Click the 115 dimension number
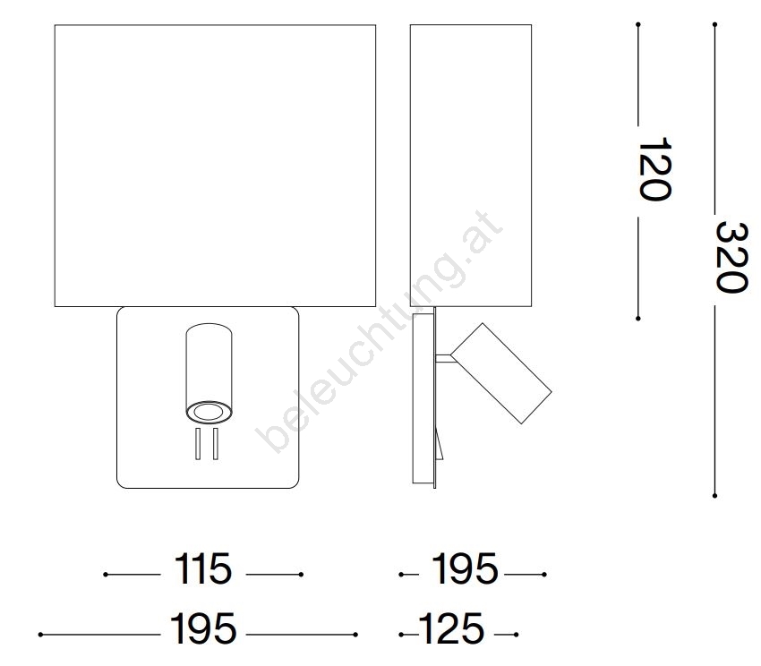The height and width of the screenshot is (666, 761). pyautogui.click(x=203, y=569)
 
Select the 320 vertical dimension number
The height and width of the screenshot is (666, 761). pyautogui.click(x=731, y=257)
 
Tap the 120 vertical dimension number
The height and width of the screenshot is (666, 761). pyautogui.click(x=654, y=168)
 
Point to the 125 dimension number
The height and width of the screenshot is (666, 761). pyautogui.click(x=451, y=628)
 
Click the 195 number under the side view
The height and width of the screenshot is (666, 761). pyautogui.click(x=465, y=569)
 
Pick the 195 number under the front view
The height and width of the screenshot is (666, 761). pyautogui.click(x=203, y=628)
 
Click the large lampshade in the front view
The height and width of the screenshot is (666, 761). pyautogui.click(x=215, y=166)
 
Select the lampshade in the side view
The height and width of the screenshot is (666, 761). pyautogui.click(x=471, y=166)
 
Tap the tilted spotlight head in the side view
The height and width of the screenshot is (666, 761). pyautogui.click(x=501, y=372)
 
